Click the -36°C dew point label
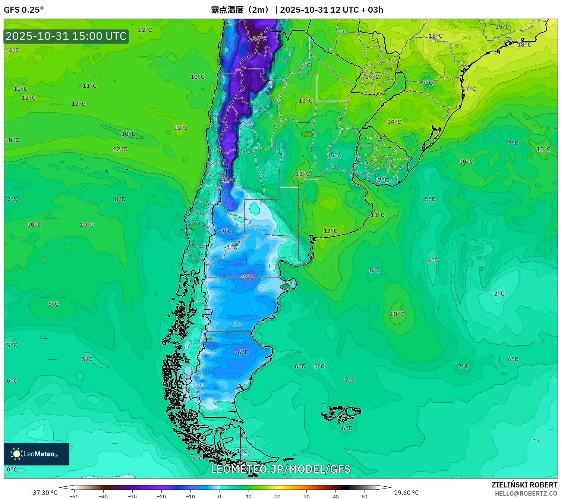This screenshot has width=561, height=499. tap(259, 39)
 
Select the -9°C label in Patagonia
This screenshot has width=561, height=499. tap(248, 277)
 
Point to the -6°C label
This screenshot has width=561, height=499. tap(242, 352)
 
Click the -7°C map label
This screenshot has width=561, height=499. tap(226, 231)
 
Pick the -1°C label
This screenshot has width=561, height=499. tap(231, 247)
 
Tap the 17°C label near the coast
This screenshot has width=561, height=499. tap(469, 89)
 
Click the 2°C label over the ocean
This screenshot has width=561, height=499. tap(499, 294)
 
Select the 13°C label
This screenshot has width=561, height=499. tap(305, 101)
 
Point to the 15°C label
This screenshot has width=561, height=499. tap(502, 27)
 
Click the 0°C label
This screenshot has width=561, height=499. tap(12, 470)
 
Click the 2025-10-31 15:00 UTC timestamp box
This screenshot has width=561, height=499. tap(66, 36)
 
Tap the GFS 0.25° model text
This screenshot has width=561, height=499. tap(24, 10)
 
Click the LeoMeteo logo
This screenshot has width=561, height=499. tap(37, 454)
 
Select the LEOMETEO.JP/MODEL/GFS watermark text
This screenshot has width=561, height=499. tap(280, 469)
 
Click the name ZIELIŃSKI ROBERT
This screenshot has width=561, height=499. tap(524, 485)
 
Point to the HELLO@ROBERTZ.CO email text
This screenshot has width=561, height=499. tap(526, 493)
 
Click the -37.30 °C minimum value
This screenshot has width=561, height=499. tap(44, 493)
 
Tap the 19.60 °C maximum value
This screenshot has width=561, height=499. tap(406, 493)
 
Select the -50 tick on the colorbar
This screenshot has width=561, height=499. tap(74, 496)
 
